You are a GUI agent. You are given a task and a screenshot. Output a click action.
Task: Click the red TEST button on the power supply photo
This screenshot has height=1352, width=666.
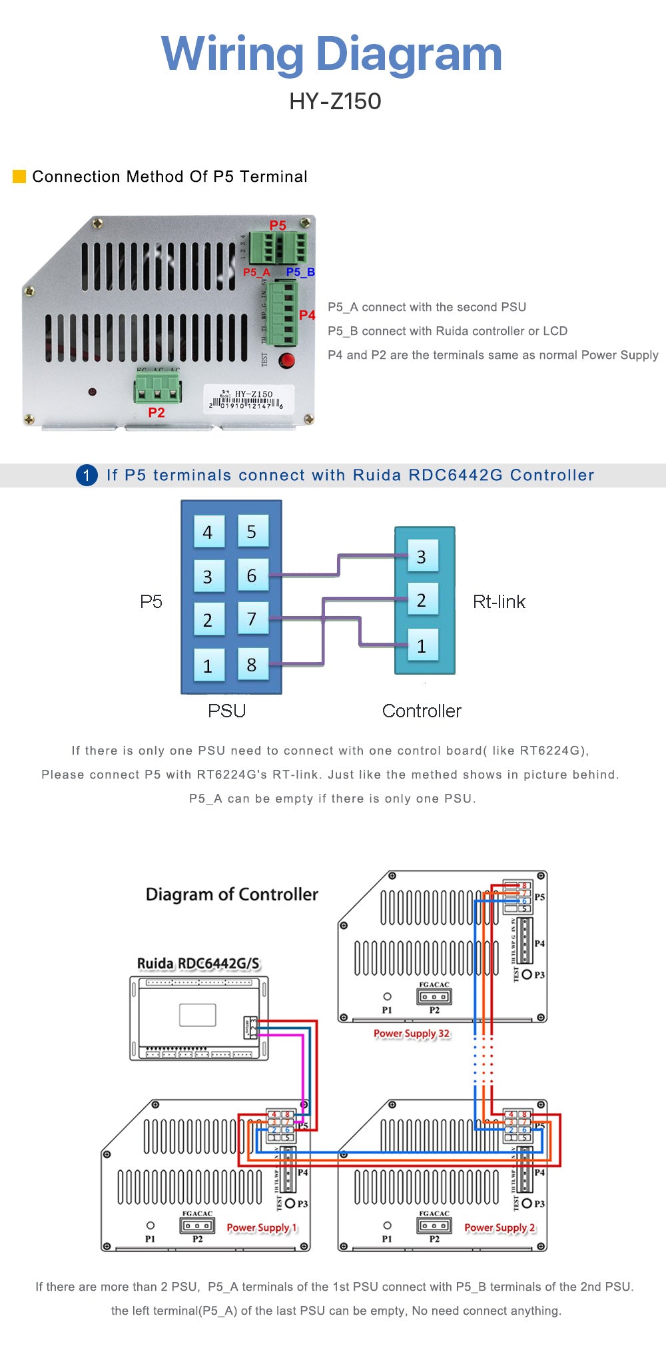point(287,361)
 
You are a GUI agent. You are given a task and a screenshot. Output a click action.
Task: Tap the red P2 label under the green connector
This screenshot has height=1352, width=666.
point(157,413)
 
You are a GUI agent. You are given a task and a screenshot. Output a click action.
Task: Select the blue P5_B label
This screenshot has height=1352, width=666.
point(300,272)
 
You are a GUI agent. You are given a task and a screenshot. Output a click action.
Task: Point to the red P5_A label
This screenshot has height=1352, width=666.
point(256,272)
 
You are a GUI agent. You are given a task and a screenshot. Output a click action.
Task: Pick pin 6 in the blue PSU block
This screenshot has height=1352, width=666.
point(252,575)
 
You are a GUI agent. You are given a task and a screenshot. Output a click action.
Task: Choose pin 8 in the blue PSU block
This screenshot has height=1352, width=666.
point(252,664)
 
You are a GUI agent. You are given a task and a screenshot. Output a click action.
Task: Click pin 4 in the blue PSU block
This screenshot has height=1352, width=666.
point(208,532)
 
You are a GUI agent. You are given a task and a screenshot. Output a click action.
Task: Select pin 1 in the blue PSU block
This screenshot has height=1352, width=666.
point(208,665)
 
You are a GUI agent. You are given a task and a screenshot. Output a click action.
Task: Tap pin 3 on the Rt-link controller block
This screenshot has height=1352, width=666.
point(422,557)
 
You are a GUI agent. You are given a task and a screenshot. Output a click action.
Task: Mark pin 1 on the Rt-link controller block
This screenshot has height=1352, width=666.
point(422,645)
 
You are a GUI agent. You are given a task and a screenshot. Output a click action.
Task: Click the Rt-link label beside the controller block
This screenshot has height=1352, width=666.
point(499,602)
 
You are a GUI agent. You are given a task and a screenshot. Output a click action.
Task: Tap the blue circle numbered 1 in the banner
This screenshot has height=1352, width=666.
point(87,475)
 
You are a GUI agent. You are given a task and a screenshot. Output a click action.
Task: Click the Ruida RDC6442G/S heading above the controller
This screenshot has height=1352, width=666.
point(198,963)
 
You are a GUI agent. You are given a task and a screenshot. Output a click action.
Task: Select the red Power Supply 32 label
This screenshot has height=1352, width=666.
point(412,1034)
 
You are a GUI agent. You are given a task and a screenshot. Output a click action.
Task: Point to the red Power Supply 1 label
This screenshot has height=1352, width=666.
point(262,1227)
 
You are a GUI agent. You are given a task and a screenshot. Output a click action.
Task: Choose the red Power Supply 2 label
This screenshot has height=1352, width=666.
point(499,1227)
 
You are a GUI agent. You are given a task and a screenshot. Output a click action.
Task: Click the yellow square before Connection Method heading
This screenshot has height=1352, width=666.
point(19,176)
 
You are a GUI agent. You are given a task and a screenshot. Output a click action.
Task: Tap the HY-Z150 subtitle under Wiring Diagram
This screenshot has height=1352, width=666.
point(335,101)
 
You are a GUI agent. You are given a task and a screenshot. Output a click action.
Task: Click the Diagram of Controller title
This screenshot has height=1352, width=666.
point(232,894)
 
